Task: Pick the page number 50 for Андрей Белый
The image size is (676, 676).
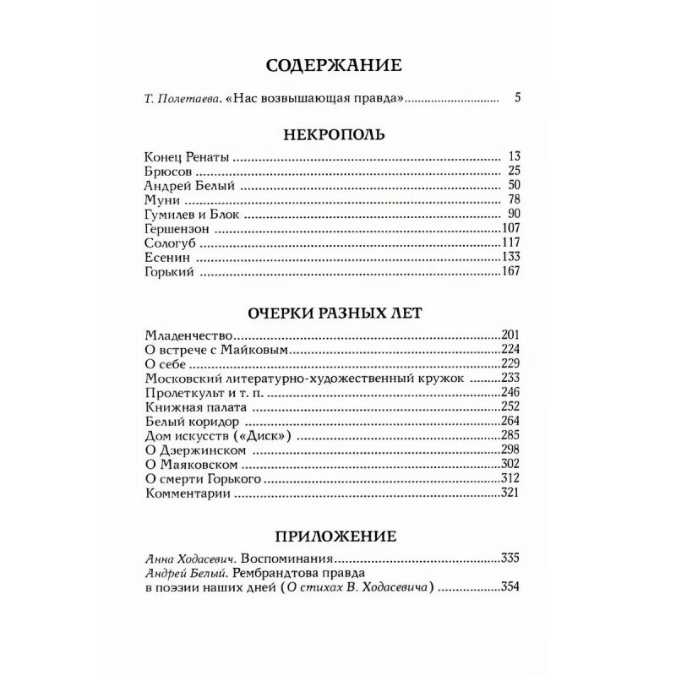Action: pos(516,187)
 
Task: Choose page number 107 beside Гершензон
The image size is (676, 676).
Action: pos(513,232)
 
